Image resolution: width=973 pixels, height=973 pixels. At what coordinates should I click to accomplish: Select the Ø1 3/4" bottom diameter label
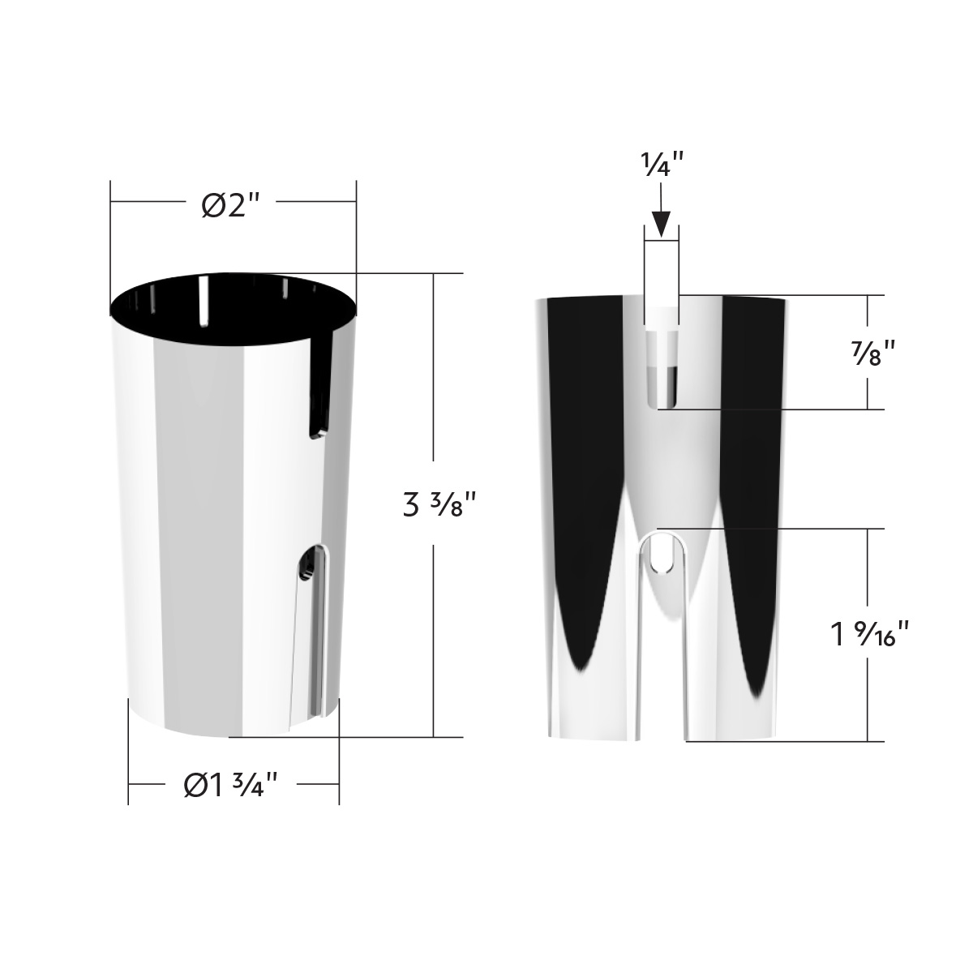coord(232,785)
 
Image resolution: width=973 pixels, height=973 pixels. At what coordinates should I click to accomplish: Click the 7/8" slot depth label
coord(868,354)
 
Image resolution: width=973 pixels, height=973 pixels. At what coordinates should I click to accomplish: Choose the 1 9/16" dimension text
coord(868,633)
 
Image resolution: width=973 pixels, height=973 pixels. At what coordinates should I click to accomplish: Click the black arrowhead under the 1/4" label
coord(661,223)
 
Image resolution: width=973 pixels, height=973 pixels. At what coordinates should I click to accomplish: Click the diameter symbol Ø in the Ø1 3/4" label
coord(195,785)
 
